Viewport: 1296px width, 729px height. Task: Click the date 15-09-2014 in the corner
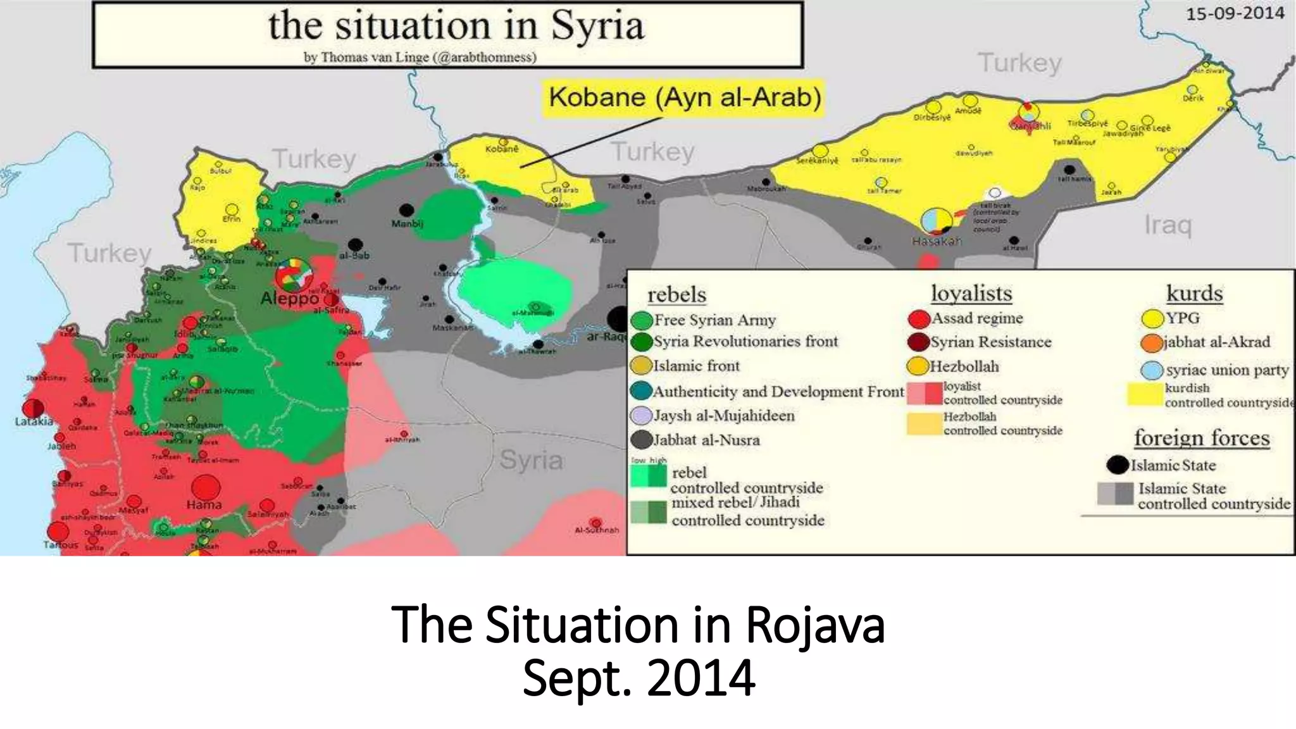[1235, 13]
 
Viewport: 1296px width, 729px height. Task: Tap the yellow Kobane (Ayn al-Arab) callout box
[684, 97]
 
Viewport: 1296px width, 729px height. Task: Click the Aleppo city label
[290, 298]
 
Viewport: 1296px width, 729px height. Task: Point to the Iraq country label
[1168, 225]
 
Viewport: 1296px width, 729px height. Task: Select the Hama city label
[204, 505]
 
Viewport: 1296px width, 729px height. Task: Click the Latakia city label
[34, 421]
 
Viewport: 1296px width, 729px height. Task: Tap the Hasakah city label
[937, 241]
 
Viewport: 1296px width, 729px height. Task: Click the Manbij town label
[407, 223]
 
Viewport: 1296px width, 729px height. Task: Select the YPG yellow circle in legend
[1153, 318]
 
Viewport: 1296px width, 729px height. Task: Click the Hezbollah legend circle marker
[918, 366]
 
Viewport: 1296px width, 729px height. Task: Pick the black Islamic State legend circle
[1118, 465]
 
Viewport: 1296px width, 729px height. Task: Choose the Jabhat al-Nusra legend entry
[706, 440]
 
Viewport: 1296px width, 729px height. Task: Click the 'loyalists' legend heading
[971, 294]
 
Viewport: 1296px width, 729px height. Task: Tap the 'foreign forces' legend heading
[1201, 438]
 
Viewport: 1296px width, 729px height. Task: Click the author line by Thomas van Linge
[420, 57]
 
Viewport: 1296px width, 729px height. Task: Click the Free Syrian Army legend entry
[714, 320]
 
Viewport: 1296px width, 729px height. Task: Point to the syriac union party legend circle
[1152, 370]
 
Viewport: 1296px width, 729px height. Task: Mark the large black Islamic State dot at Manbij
[407, 210]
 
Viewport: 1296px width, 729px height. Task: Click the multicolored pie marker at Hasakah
[937, 220]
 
